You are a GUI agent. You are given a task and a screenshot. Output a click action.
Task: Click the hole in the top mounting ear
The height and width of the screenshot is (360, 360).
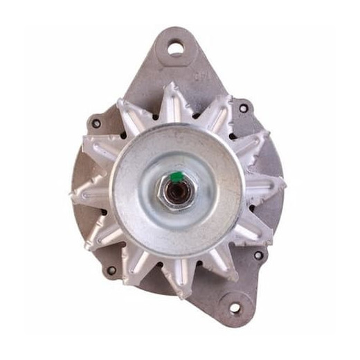176,49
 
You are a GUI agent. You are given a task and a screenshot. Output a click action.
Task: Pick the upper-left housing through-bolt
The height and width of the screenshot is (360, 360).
96,124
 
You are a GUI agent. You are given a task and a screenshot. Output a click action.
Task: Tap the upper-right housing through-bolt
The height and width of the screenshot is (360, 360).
242,109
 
